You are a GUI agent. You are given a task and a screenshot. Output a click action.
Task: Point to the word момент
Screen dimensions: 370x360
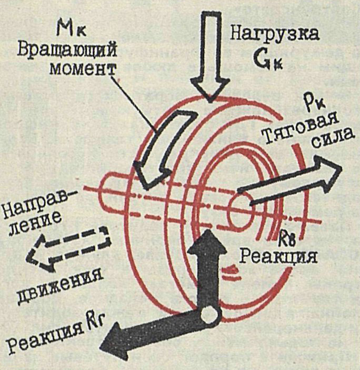click(83, 69)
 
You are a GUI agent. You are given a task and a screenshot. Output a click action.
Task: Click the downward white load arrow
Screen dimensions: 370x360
click(210, 53)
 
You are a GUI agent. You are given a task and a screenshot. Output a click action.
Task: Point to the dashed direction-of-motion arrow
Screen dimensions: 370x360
click(69, 247)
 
